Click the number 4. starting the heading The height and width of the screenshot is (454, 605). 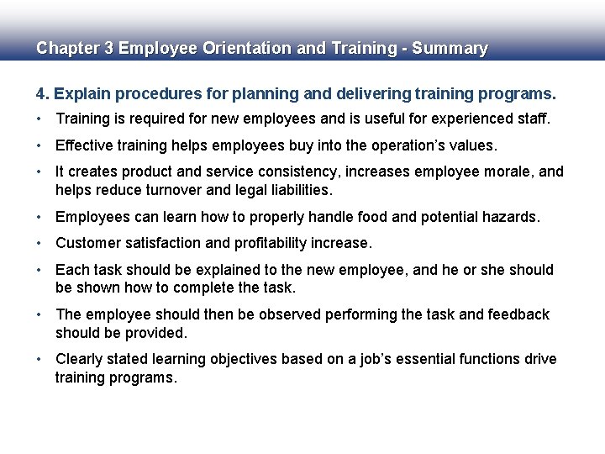pos(41,92)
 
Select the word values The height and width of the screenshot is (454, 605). pos(476,145)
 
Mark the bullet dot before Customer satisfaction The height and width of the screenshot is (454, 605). pos(39,244)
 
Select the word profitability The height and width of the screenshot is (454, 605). pos(269,243)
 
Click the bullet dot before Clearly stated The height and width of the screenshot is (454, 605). pos(39,359)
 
